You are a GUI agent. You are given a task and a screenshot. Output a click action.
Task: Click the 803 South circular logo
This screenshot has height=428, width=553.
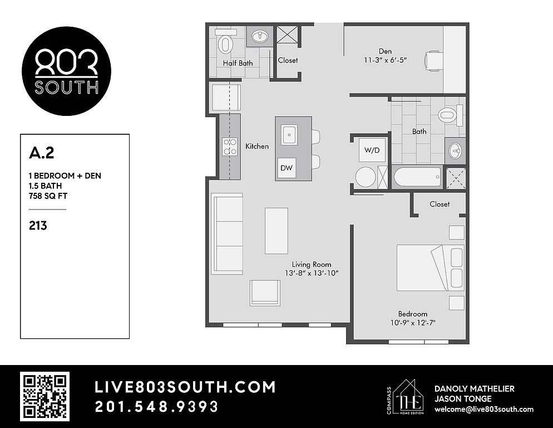tap(66, 71)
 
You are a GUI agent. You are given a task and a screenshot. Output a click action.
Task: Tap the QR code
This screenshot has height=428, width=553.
tap(45, 397)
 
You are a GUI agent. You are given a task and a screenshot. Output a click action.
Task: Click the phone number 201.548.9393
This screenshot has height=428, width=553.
tap(156, 407)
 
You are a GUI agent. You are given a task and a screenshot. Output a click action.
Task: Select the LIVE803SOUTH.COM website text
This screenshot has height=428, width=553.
tap(185, 387)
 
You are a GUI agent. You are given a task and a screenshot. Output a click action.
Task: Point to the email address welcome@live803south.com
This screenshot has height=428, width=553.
tap(484, 409)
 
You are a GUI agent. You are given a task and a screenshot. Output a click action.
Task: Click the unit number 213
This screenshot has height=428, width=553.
tap(38, 226)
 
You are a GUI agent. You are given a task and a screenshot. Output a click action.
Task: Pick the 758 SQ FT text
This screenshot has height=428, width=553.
tap(48, 196)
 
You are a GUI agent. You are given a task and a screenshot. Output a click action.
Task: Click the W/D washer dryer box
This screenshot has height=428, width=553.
tap(372, 150)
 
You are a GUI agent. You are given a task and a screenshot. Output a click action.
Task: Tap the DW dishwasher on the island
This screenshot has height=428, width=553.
tap(287, 168)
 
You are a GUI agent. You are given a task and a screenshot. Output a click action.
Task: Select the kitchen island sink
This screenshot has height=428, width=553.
tap(289, 135)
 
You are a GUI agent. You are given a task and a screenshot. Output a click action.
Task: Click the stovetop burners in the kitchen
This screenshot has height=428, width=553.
tap(230, 147)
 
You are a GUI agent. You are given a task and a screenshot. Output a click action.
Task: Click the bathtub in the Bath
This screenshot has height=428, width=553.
tap(417, 177)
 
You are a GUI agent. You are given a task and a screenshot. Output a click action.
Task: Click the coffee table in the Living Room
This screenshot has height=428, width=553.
tap(276, 231)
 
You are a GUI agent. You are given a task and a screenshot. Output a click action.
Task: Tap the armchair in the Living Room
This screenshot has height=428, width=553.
tap(265, 293)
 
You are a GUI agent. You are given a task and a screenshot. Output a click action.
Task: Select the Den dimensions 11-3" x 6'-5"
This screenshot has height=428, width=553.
tap(386, 60)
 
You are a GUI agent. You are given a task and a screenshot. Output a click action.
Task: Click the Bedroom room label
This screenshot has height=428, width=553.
tap(413, 314)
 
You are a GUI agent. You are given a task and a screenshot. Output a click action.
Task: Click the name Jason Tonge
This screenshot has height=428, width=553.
tap(463, 399)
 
